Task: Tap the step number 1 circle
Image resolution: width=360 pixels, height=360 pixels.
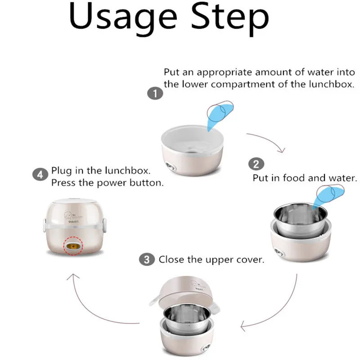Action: point(155,93)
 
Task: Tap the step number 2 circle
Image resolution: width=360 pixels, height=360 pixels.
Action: point(256,164)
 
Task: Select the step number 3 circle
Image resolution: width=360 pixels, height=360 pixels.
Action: point(147,260)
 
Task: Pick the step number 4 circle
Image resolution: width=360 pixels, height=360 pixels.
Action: point(40,175)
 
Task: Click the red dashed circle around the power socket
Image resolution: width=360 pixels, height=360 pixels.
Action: point(73,246)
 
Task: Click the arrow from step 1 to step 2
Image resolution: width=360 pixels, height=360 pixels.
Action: point(269,139)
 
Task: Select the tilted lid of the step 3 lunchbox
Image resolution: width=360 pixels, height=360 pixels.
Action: point(184,292)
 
